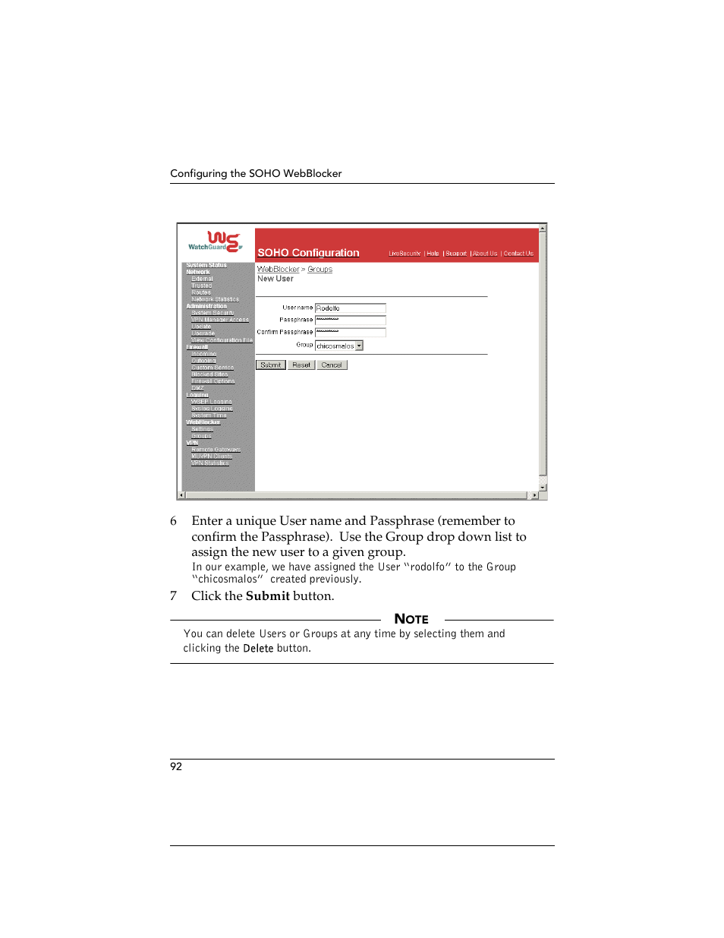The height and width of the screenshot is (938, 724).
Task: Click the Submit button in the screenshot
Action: [270, 365]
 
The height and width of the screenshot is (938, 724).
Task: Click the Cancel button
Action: [332, 365]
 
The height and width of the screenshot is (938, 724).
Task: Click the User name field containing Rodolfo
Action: [350, 308]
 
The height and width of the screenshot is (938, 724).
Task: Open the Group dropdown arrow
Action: [360, 346]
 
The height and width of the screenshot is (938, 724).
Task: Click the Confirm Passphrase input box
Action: [350, 333]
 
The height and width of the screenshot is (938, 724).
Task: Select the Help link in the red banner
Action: [433, 254]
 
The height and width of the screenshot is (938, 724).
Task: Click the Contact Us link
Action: [518, 254]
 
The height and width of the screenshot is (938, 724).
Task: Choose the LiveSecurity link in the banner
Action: [404, 254]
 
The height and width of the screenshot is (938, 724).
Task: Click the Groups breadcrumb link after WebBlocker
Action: [320, 270]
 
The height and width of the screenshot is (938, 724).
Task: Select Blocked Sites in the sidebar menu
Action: [209, 374]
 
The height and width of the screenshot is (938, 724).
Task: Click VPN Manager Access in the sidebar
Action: [220, 320]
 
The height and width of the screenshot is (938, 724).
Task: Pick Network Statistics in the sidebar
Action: [215, 299]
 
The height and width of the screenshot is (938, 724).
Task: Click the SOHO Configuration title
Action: [308, 253]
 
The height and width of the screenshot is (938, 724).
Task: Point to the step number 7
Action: [174, 596]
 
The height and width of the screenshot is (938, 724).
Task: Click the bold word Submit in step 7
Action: [267, 596]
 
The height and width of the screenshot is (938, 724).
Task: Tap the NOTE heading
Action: [411, 619]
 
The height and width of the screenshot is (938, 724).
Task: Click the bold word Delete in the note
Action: [258, 649]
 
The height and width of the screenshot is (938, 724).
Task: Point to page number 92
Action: [176, 766]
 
